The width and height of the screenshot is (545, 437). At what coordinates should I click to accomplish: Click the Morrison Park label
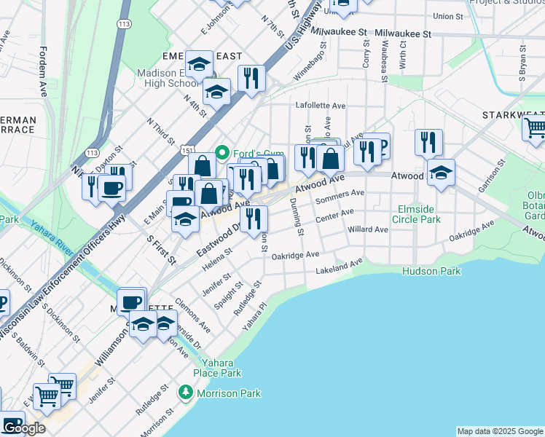coord(227,393)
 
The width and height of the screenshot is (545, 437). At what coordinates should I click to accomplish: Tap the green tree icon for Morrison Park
coord(186,393)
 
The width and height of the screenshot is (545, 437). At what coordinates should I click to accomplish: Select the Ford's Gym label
coord(252,153)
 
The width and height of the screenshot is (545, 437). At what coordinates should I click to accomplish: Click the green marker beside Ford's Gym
coord(224,153)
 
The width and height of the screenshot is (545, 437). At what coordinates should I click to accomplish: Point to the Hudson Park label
coord(431,271)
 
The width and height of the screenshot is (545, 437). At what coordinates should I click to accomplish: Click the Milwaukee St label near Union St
coord(403,34)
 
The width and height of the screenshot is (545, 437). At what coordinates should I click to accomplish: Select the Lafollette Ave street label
coord(320,106)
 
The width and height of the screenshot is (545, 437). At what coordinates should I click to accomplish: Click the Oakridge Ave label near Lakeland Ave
coord(295,255)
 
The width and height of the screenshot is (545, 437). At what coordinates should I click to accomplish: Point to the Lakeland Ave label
coord(339,267)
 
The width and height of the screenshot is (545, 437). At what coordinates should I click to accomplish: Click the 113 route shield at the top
coord(125,24)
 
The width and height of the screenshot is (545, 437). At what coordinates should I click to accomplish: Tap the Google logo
coord(23,428)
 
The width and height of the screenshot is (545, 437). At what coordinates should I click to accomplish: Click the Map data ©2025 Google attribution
coord(500,431)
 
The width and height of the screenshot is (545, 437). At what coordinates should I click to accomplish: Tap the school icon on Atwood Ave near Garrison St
coord(441,173)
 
